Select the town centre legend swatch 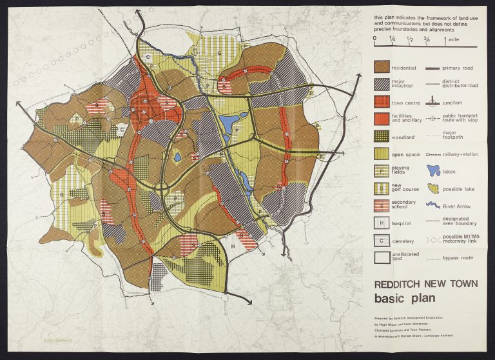click(384, 102)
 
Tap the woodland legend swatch click(384, 136)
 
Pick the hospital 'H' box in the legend click(384, 223)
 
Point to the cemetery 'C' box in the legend click(384, 240)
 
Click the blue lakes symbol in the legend click(433, 171)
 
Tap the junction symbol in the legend click(433, 102)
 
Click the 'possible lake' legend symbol click(433, 188)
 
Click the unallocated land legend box click(384, 257)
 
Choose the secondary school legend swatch click(384, 205)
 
